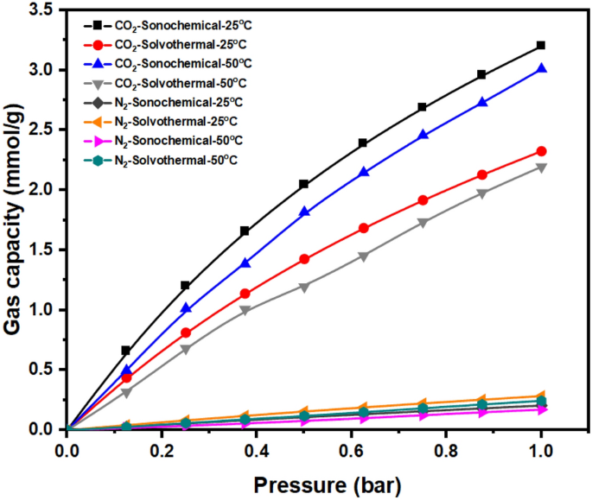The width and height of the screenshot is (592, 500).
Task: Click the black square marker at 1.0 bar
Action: point(541,45)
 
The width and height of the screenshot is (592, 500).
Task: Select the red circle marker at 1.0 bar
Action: point(541,151)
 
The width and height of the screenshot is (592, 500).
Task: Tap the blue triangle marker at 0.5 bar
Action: point(304,212)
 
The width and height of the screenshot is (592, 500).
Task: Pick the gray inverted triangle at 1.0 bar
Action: point(541,168)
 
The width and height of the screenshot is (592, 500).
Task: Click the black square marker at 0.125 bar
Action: point(126,351)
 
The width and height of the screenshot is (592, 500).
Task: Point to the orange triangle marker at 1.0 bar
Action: point(541,396)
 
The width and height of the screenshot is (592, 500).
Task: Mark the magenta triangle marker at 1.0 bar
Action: point(541,409)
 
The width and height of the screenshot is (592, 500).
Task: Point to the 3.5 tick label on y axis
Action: point(42,9)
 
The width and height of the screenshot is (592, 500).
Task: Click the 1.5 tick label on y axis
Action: point(42,250)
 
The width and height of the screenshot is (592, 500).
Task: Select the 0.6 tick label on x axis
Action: point(352,450)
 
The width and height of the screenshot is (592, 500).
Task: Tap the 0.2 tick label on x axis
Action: point(162,450)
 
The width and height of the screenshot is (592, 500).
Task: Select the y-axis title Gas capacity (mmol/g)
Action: point(14,220)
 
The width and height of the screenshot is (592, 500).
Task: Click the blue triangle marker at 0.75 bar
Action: point(423,135)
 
